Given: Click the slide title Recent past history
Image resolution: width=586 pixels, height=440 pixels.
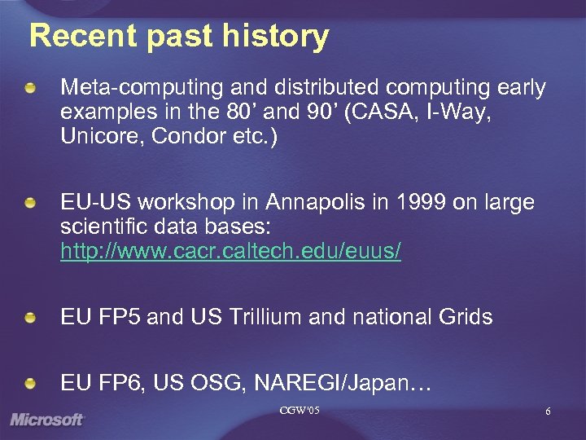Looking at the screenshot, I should pyautogui.click(x=179, y=37).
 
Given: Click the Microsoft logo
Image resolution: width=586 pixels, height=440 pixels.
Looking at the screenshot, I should pyautogui.click(x=47, y=420).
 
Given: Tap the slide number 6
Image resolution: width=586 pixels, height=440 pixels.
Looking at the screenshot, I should pyautogui.click(x=548, y=411).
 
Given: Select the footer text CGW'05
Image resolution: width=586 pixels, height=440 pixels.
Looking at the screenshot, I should pyautogui.click(x=298, y=410).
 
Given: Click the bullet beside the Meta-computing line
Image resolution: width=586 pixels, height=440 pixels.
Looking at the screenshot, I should pyautogui.click(x=30, y=87).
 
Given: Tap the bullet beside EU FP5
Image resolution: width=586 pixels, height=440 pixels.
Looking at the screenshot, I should pyautogui.click(x=30, y=316).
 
